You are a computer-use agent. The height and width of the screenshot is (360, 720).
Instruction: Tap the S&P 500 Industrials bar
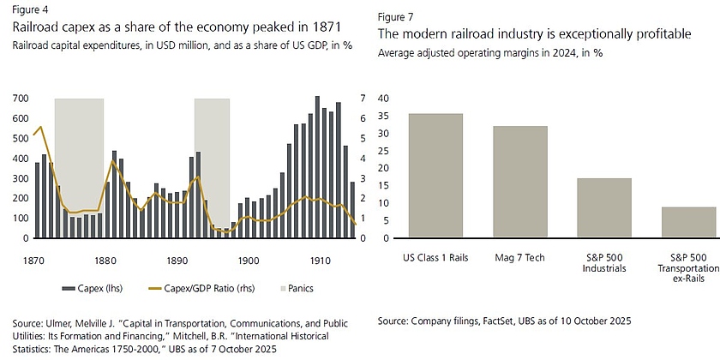tap(605, 208)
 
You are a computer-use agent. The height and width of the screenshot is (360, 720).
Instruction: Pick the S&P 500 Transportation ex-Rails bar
tap(688, 222)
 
